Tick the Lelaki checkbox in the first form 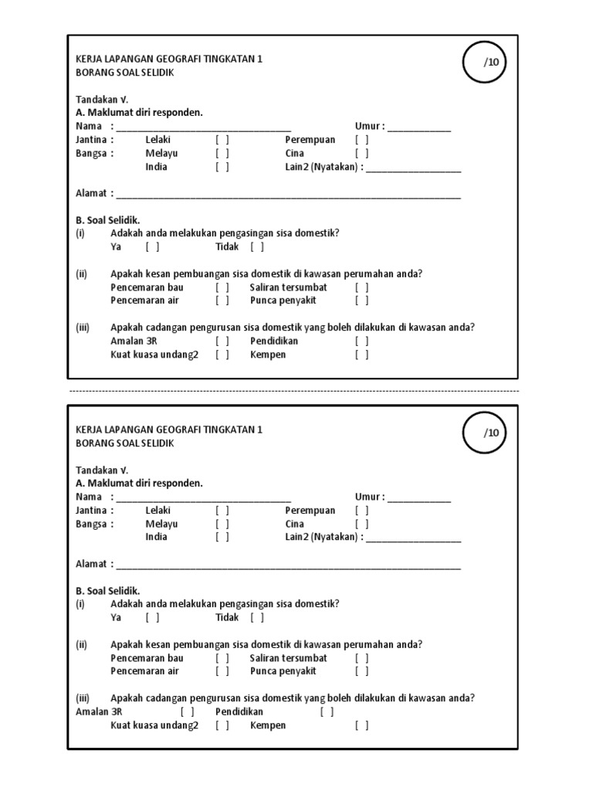[222, 140]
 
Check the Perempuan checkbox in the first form [361, 140]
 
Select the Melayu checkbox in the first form [222, 153]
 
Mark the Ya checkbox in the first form [152, 247]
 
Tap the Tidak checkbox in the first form [257, 247]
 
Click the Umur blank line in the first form [419, 127]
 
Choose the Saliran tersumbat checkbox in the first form [361, 287]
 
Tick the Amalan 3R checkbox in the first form [222, 341]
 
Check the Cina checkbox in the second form [361, 524]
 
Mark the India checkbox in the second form [222, 537]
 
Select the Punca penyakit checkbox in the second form [361, 671]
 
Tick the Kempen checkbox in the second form [361, 725]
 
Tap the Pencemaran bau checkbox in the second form [222, 658]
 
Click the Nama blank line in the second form [203, 498]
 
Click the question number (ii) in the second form [81, 645]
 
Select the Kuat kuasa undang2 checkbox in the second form [222, 725]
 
